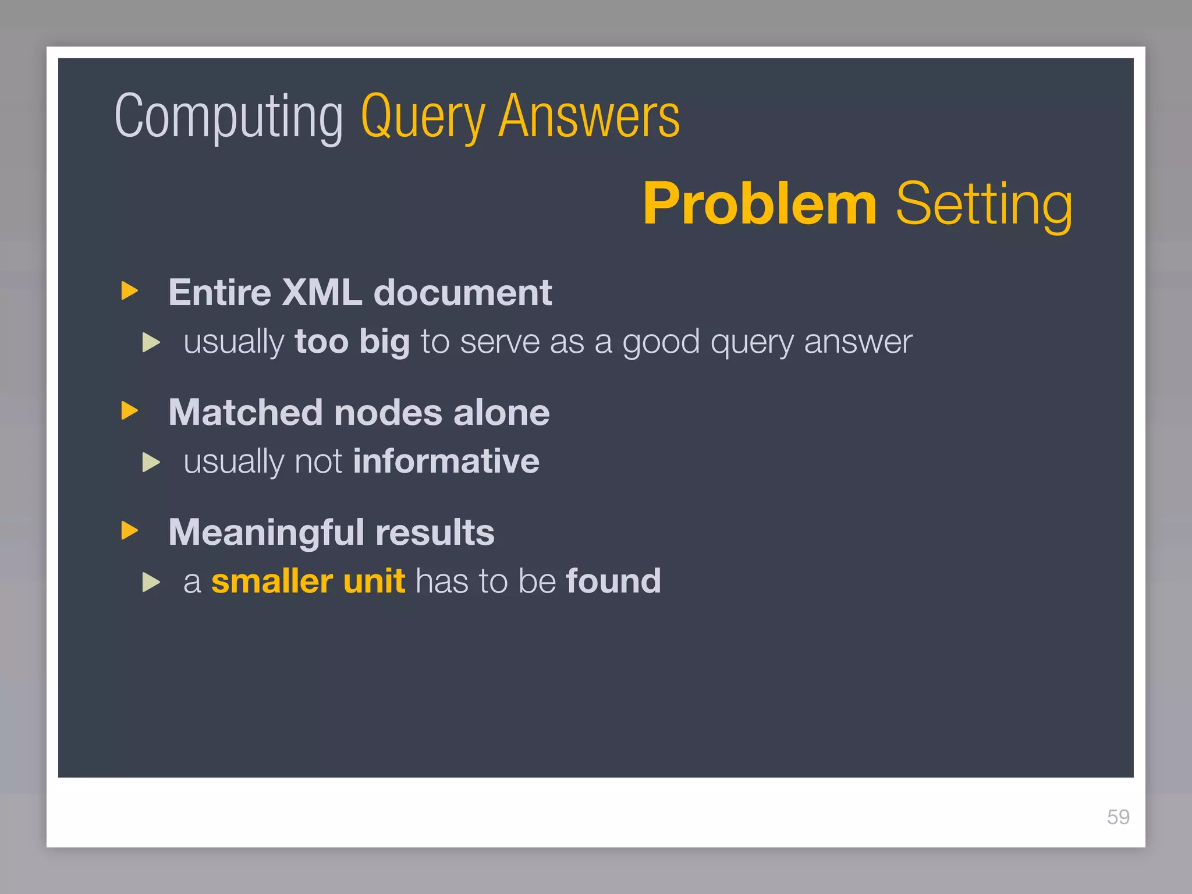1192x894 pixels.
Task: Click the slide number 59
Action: coord(1118,817)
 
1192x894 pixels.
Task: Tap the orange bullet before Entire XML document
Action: coord(130,290)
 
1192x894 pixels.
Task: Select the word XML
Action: coord(322,292)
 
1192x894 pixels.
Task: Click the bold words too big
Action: coord(352,341)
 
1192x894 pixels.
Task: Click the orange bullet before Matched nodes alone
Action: coord(130,410)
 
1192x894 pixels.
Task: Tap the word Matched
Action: coord(245,413)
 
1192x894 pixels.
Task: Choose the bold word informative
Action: coord(446,461)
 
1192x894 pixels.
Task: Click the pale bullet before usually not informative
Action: coord(151,462)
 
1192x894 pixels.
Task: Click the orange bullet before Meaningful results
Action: coord(130,530)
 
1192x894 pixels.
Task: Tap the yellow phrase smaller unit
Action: coord(308,581)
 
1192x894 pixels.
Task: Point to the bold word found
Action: coord(613,581)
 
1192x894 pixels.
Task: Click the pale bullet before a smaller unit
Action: coord(151,582)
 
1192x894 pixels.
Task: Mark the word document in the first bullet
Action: coord(463,292)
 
